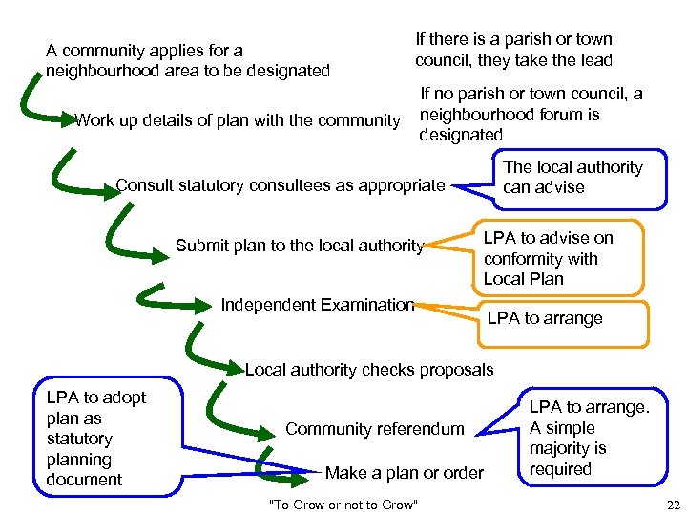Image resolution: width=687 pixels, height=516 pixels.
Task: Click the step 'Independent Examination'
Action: pyautogui.click(x=318, y=305)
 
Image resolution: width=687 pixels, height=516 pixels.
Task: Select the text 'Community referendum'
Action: pyautogui.click(x=375, y=429)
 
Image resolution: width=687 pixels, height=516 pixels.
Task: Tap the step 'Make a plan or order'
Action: pyautogui.click(x=405, y=473)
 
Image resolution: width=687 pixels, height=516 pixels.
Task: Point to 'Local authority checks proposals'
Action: pyautogui.click(x=369, y=370)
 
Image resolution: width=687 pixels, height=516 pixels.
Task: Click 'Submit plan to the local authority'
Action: pyautogui.click(x=299, y=246)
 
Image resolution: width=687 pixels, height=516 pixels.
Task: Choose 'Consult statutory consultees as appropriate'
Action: pyautogui.click(x=280, y=184)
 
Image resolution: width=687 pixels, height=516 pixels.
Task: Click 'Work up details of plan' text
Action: pyautogui.click(x=237, y=120)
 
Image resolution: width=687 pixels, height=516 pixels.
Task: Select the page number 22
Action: pyautogui.click(x=675, y=504)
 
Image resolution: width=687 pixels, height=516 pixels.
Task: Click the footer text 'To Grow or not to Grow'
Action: pyautogui.click(x=343, y=504)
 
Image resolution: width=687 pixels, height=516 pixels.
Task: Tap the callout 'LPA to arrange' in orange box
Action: pyautogui.click(x=545, y=318)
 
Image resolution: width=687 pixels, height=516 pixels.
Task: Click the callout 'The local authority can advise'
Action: pyautogui.click(x=572, y=178)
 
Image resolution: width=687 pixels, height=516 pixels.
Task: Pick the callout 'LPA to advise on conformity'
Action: pyautogui.click(x=548, y=258)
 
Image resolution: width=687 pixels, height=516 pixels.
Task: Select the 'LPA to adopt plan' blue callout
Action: pyautogui.click(x=96, y=438)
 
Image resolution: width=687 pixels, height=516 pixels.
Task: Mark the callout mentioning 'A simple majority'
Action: pyautogui.click(x=589, y=438)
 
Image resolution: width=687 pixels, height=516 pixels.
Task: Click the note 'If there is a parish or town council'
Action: pyautogui.click(x=513, y=50)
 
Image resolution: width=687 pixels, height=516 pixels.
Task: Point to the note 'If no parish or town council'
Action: pyautogui.click(x=531, y=115)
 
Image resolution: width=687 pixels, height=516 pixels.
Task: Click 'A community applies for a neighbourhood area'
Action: pyautogui.click(x=187, y=60)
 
